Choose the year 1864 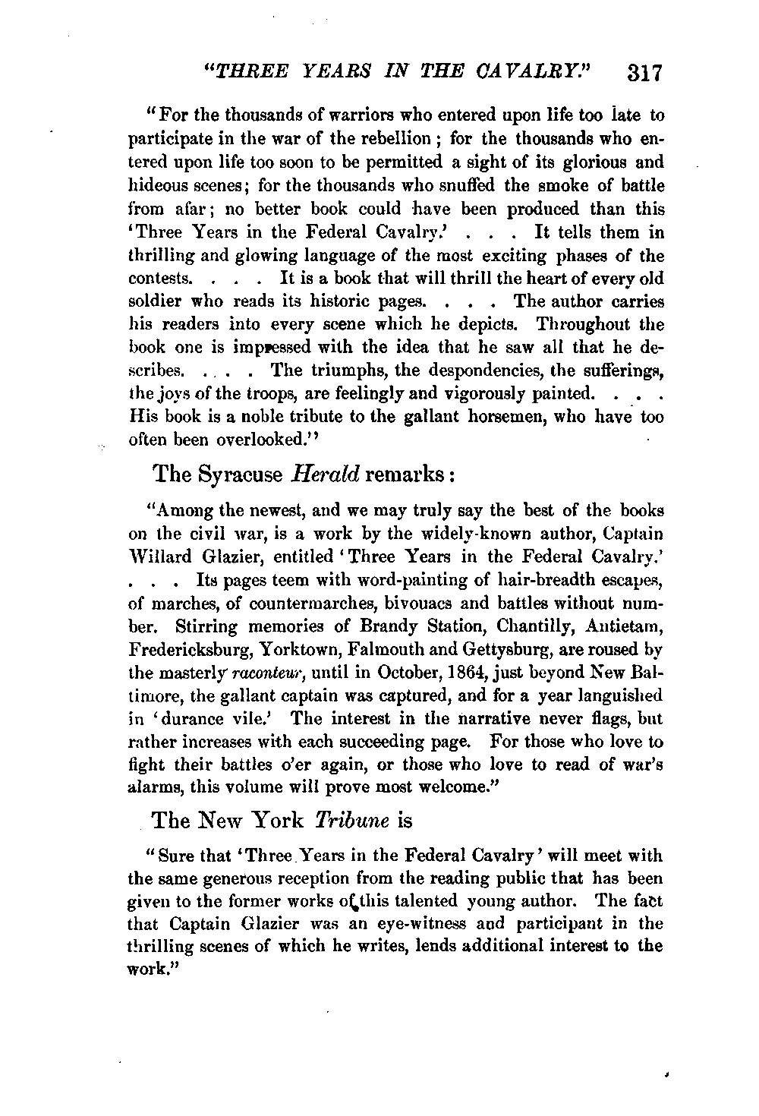click(x=429, y=673)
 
